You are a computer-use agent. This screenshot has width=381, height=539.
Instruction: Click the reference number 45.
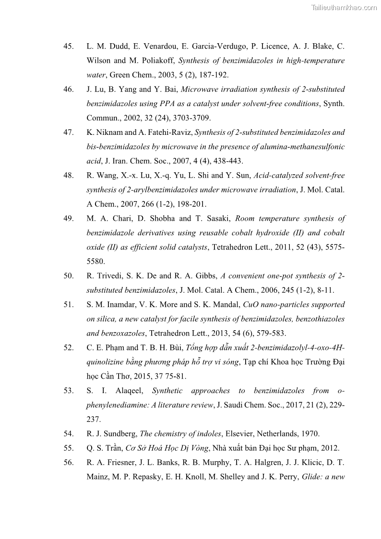point(68,47)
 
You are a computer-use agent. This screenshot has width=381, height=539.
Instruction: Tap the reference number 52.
point(68,347)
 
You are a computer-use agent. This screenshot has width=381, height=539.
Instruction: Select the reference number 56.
point(68,463)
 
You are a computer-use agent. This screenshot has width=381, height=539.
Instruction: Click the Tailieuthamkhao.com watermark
point(344,7)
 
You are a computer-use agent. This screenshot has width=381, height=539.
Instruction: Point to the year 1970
point(310,434)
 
